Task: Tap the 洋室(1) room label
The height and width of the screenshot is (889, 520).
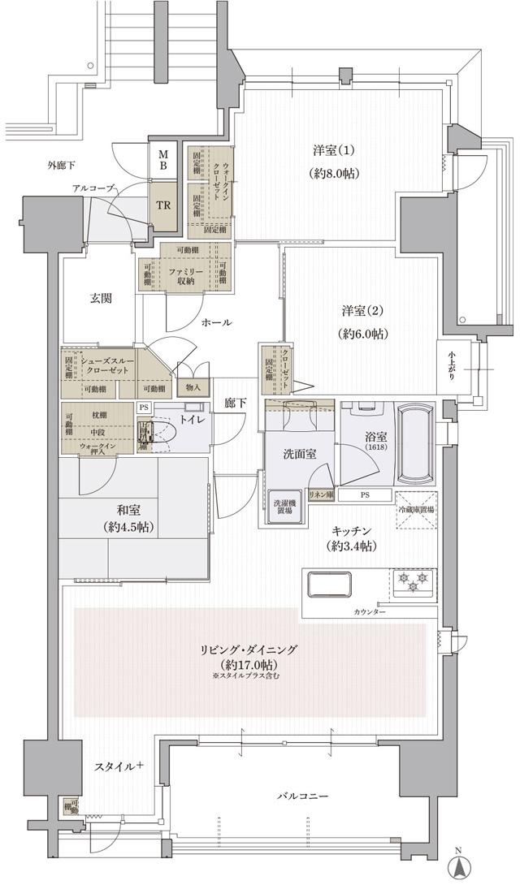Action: (x=336, y=151)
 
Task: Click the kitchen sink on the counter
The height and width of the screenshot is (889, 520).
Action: (x=329, y=585)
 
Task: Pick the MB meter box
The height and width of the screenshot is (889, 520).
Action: (x=163, y=159)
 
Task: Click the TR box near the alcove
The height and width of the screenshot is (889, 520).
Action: (x=163, y=205)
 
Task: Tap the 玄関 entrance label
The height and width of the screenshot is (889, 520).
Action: (x=101, y=298)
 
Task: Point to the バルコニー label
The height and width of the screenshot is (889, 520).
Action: (x=301, y=797)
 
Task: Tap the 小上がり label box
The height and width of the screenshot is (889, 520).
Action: (x=451, y=364)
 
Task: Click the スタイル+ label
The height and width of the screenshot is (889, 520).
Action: (x=119, y=765)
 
